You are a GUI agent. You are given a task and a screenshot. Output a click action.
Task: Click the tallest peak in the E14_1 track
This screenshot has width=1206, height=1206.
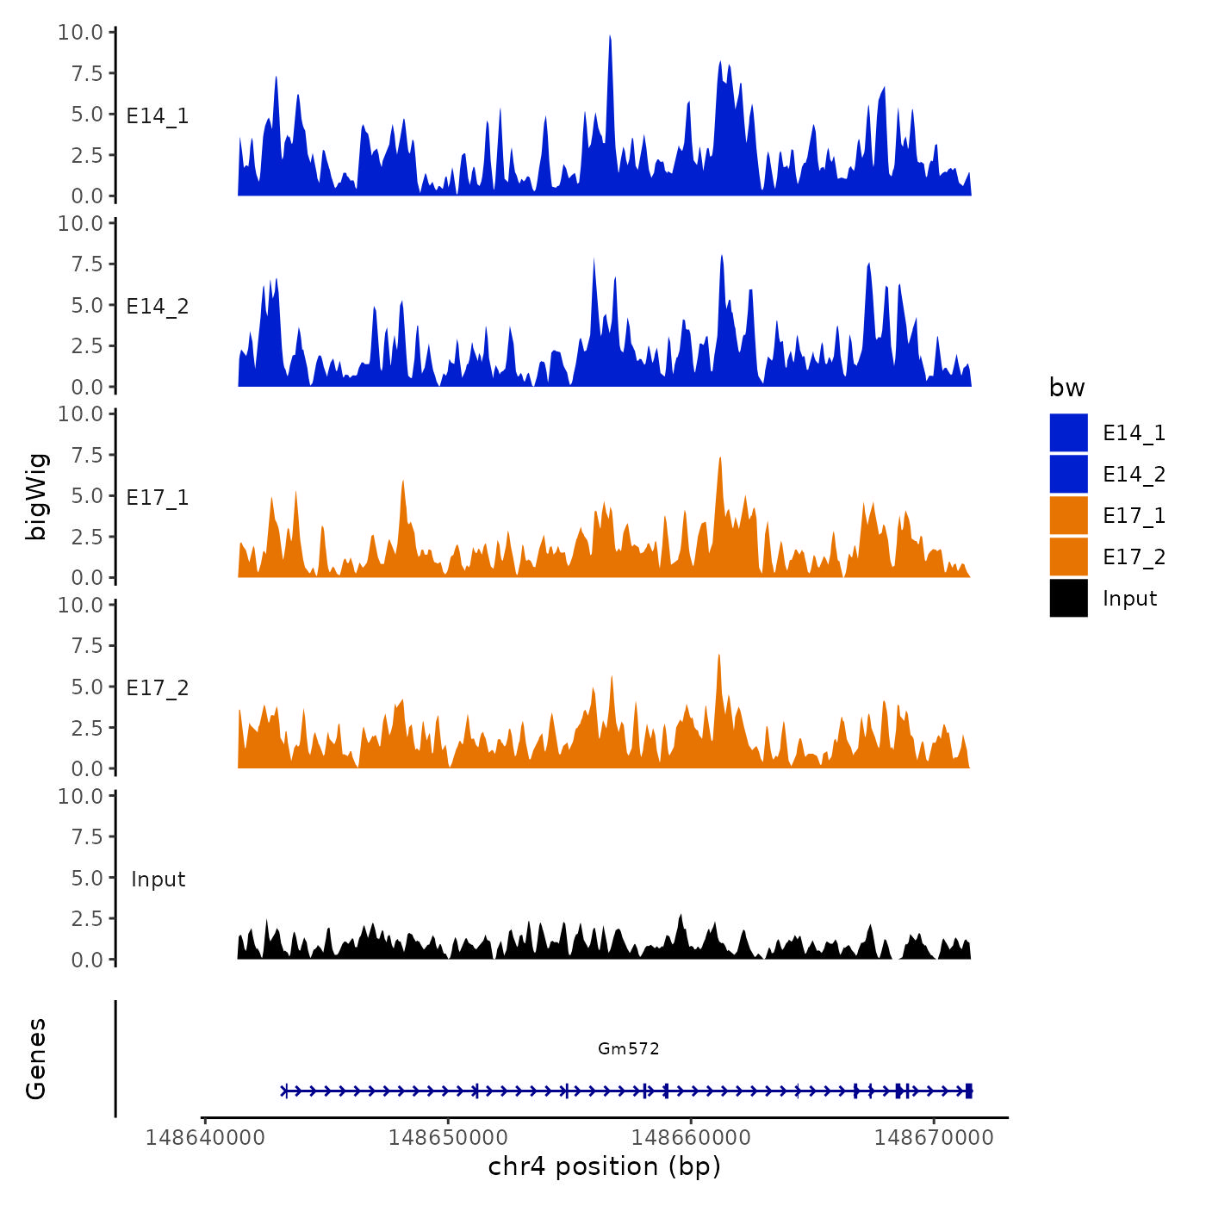(x=610, y=39)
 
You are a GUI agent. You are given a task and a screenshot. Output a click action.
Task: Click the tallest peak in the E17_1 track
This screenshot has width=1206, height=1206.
(x=720, y=460)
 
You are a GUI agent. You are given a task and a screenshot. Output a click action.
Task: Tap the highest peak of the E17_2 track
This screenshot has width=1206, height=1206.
(x=718, y=657)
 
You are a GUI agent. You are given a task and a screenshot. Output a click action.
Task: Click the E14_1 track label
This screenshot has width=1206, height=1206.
(x=157, y=116)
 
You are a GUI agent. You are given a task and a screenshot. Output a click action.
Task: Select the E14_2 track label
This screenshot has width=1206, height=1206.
(x=157, y=307)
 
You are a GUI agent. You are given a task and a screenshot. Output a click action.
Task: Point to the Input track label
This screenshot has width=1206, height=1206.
(x=158, y=880)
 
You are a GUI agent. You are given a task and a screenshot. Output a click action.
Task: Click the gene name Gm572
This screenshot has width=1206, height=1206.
(x=628, y=1048)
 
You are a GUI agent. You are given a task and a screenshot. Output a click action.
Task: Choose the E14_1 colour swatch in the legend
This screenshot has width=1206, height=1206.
(x=1068, y=432)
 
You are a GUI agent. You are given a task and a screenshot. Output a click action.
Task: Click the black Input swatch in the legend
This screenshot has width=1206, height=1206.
(x=1068, y=598)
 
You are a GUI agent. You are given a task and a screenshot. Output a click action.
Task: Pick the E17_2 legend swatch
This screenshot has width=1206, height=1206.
(x=1068, y=556)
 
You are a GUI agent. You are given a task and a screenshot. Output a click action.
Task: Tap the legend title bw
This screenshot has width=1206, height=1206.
(x=1066, y=388)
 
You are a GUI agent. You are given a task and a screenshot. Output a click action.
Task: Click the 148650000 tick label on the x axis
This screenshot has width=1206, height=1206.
(x=448, y=1138)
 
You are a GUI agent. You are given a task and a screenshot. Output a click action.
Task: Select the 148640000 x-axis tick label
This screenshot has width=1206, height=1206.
(x=205, y=1138)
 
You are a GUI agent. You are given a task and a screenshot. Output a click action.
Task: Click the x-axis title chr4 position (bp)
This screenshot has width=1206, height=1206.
(x=604, y=1166)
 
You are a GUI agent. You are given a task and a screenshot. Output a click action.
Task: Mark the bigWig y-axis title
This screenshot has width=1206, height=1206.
(x=37, y=496)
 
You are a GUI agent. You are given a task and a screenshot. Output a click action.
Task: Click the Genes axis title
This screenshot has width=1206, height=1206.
(x=36, y=1059)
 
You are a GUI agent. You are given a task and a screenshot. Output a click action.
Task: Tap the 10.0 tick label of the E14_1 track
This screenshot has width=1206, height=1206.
(x=80, y=33)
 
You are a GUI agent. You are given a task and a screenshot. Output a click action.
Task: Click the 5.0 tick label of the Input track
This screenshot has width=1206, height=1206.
(x=87, y=878)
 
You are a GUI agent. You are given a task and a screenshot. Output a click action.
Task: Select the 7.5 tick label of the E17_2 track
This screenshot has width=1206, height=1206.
(x=87, y=646)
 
